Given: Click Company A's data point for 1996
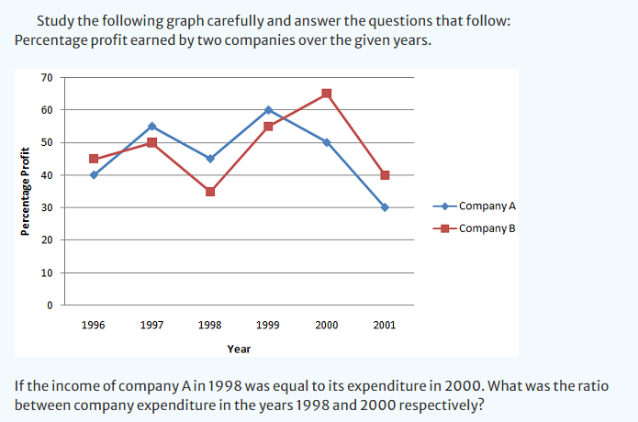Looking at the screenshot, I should (94, 174).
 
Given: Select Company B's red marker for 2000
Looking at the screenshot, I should (327, 94).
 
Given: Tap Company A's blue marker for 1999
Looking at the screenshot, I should (268, 110).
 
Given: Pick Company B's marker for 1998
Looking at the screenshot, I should (210, 191).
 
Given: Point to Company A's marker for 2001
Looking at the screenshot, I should (385, 207).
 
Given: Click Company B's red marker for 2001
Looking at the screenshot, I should (385, 175).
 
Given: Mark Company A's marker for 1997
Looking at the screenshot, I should (151, 126).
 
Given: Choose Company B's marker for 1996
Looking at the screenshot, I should (94, 159).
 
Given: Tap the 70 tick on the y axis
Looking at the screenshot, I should (47, 77).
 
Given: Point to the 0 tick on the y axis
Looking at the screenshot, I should (50, 305).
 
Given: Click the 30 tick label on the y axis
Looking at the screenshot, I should (47, 207).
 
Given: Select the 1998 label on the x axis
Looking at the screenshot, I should (209, 325).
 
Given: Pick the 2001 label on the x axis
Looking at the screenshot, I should (385, 325).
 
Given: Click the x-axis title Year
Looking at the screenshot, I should (239, 349).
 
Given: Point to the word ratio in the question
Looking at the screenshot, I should (589, 386).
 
